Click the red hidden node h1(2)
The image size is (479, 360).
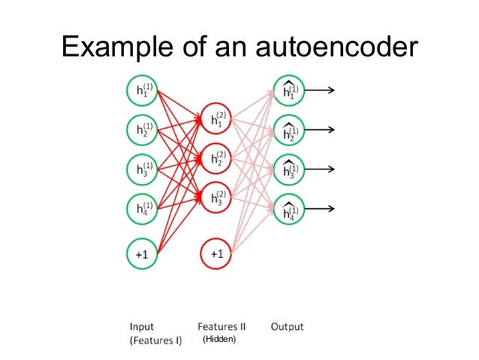pos(216,119)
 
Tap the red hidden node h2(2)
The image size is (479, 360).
pos(216,159)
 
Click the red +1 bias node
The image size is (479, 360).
pos(216,255)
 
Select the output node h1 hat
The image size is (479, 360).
pos(289,90)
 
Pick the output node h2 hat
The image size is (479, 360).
pos(289,130)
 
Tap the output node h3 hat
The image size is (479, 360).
pos(289,169)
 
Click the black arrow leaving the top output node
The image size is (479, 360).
pos(321,90)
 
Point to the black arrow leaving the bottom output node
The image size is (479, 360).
pos(321,209)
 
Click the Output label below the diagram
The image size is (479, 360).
pos(287,327)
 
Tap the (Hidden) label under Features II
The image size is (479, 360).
pos(219,340)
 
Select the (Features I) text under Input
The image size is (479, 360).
pos(155,340)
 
